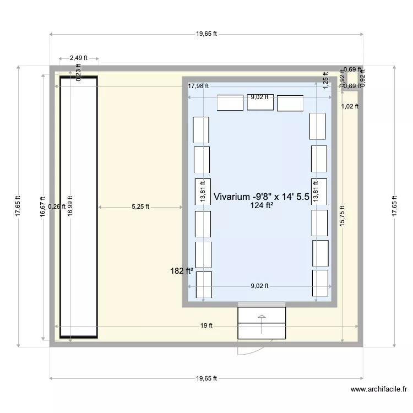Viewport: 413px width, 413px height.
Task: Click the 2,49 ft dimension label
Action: [x=78, y=57]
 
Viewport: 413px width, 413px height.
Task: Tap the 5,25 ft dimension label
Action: [x=140, y=207]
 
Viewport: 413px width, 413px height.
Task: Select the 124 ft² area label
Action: [x=262, y=206]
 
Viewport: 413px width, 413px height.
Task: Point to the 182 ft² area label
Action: [x=182, y=271]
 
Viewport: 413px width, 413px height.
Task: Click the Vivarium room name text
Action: [x=261, y=196]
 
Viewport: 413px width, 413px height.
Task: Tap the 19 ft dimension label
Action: [x=206, y=325]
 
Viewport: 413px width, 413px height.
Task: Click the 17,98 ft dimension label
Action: [x=198, y=86]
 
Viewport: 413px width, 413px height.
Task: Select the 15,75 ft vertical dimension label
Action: [x=342, y=216]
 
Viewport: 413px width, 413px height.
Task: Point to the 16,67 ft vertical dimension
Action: [x=43, y=207]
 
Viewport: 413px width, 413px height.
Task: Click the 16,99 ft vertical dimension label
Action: [x=70, y=207]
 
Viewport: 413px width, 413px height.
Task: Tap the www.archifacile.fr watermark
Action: [x=379, y=389]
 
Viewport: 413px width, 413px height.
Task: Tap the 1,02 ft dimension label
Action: [x=350, y=106]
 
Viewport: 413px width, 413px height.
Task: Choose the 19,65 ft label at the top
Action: [x=206, y=34]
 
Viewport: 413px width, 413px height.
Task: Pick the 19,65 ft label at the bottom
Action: [x=206, y=378]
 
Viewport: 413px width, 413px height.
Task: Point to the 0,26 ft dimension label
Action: [x=56, y=207]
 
